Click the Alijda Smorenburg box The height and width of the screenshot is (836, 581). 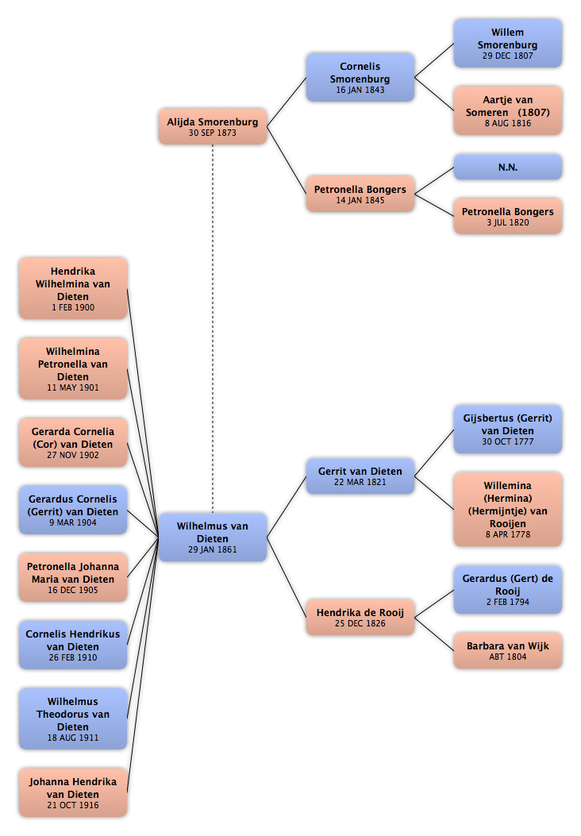[x=212, y=126]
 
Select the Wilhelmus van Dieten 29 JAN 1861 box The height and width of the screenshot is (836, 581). [x=212, y=537]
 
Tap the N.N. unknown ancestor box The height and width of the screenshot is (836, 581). [x=507, y=167]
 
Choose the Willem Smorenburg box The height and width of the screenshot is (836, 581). [x=507, y=43]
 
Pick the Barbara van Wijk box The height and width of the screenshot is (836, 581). [x=507, y=650]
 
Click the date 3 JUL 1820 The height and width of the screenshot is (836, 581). [x=507, y=222]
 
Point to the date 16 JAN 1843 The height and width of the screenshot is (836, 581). [x=360, y=90]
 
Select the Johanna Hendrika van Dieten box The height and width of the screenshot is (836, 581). [x=73, y=792]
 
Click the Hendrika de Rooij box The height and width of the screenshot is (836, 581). [x=360, y=618]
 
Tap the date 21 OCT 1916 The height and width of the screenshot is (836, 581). [x=73, y=805]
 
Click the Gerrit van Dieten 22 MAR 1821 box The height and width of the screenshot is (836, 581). [x=360, y=476]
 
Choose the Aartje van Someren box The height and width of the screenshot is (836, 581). [x=507, y=111]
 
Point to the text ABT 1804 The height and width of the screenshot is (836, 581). [x=507, y=657]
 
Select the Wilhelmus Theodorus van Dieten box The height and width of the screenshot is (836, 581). [x=73, y=718]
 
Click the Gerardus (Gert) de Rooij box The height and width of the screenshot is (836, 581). [x=507, y=590]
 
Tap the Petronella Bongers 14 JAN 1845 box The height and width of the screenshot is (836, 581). [x=360, y=194]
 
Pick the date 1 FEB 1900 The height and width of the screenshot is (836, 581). [x=73, y=307]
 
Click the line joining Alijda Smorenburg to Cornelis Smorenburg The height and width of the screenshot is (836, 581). [x=287, y=102]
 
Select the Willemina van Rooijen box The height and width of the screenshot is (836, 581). [x=507, y=509]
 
